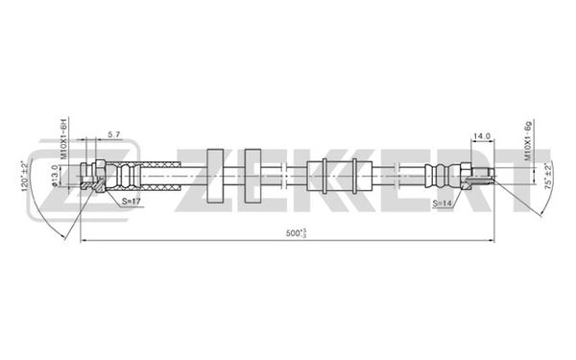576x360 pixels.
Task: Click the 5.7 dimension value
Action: coord(113,135)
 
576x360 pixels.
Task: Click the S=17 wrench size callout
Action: coord(133,203)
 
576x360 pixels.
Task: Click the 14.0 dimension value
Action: coord(481,136)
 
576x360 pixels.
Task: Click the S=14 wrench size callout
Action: coord(443,203)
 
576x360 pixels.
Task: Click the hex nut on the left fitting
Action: coord(97,177)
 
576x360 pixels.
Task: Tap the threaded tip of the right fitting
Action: coord(488,176)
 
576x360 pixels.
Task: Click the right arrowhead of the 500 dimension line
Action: coord(492,240)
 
